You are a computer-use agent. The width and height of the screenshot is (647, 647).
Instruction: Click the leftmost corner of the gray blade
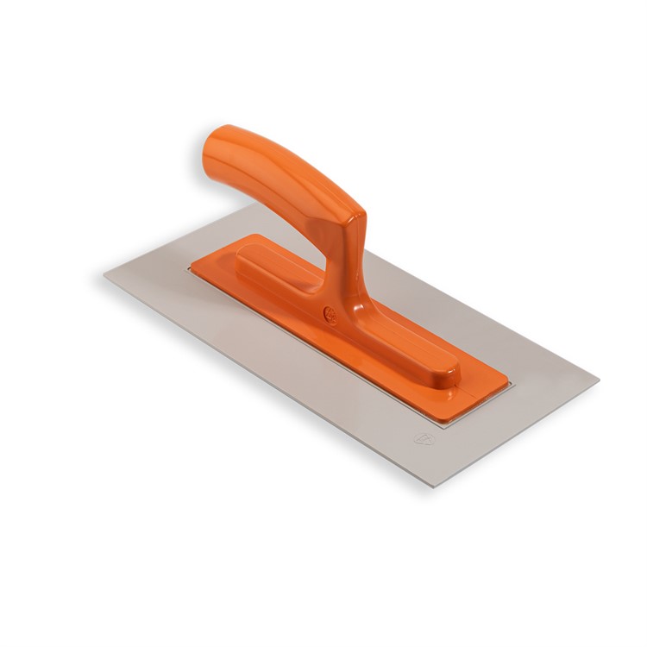[x=104, y=273]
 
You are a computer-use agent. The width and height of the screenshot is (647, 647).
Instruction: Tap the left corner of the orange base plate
[x=187, y=267]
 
